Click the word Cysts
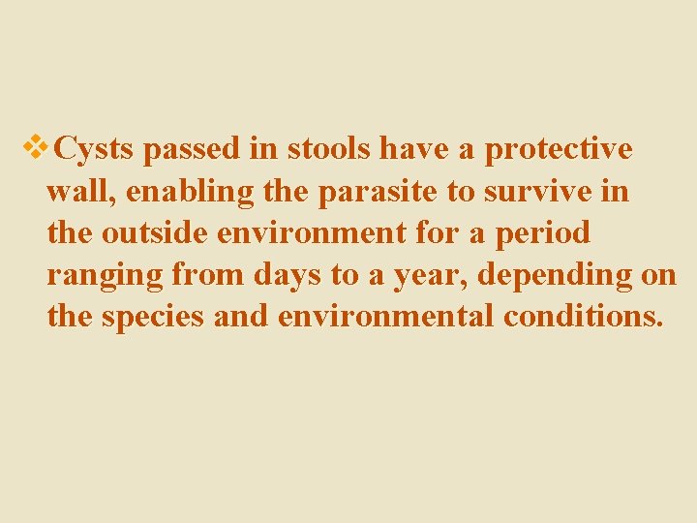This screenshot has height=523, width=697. (x=97, y=150)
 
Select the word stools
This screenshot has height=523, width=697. (x=326, y=149)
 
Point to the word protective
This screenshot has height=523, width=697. (x=559, y=150)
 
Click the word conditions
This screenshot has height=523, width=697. (x=584, y=318)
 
